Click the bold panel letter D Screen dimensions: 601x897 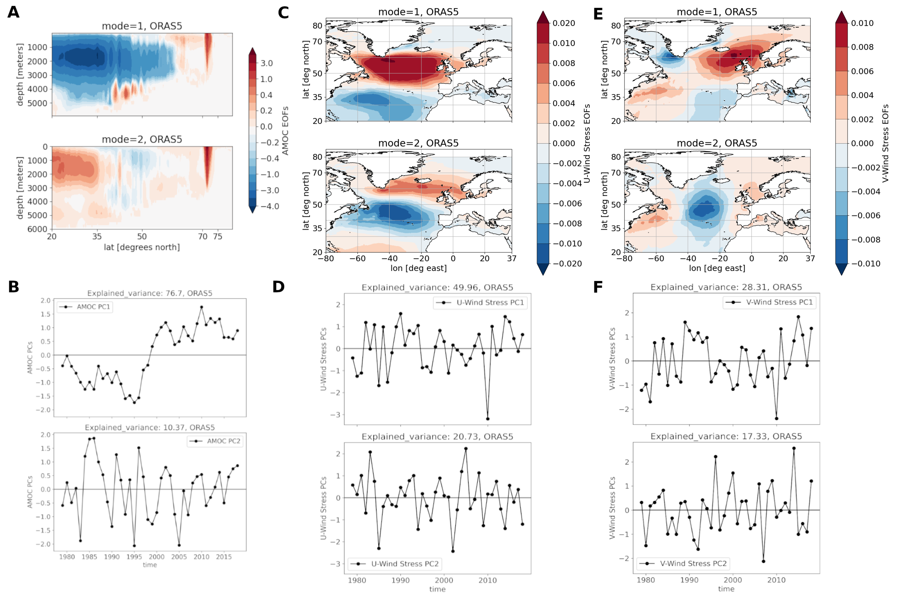tap(278, 287)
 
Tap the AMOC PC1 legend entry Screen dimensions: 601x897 tap(85, 307)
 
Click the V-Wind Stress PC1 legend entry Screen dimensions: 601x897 tap(770, 302)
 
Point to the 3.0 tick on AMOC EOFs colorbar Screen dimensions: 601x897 tap(266, 63)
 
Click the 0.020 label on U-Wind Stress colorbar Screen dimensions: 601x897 tap(563, 23)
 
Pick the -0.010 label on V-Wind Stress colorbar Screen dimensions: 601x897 tap(866, 264)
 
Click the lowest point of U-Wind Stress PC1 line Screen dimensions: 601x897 tap(488, 418)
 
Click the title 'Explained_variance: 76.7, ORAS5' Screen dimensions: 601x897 tap(149, 293)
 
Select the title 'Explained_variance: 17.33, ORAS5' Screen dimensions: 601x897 tap(726, 436)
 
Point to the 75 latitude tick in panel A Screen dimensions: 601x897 tap(218, 237)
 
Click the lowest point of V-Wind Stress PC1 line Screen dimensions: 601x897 tap(776, 418)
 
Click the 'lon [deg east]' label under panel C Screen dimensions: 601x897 tap(418, 268)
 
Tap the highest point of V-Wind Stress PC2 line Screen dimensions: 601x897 tap(794, 448)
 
